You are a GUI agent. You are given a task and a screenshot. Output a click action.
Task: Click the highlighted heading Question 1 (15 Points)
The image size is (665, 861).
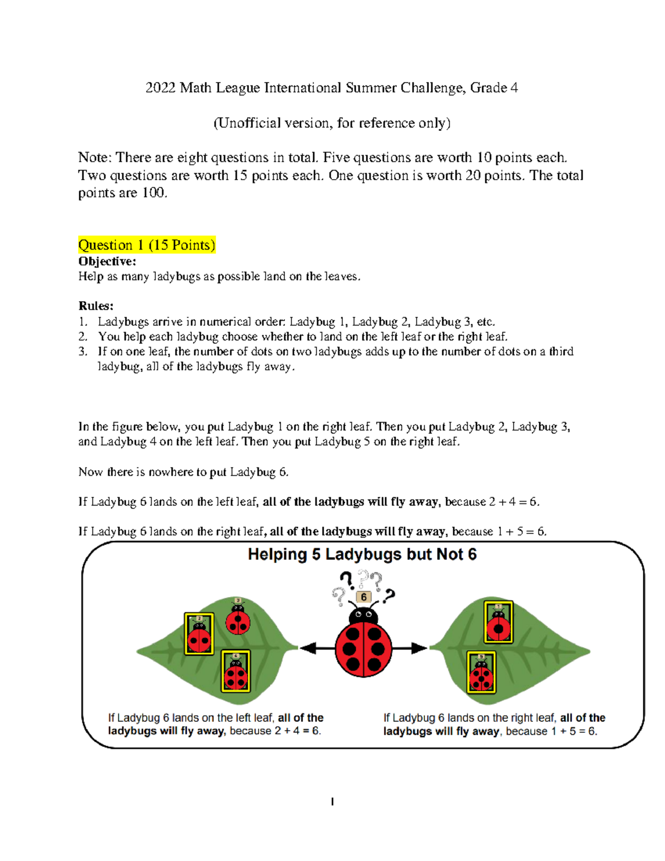[x=147, y=244]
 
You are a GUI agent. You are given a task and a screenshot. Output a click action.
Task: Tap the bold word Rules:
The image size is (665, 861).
[x=96, y=306]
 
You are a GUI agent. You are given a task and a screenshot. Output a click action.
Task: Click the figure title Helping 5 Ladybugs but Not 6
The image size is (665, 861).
[x=362, y=554]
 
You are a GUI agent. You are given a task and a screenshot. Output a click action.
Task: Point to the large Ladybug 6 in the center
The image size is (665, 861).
[x=364, y=646]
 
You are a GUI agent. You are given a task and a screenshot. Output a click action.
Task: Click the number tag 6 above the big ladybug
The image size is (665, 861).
[x=364, y=597]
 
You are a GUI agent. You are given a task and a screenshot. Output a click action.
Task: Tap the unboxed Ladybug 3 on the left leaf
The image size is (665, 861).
[x=238, y=619]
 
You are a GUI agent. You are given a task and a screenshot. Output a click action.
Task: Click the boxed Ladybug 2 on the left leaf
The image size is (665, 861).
[x=199, y=634]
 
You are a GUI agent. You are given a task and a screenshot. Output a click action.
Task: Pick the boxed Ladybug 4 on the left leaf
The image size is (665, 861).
[x=236, y=671]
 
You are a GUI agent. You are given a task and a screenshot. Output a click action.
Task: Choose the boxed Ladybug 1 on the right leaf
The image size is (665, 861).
[x=498, y=622]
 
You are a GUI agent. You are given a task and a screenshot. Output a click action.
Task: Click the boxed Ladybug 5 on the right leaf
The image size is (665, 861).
[x=481, y=673]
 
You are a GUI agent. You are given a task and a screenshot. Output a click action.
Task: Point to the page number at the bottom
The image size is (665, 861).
[x=332, y=802]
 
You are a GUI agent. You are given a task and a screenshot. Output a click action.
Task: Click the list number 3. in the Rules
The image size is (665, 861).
[x=83, y=351]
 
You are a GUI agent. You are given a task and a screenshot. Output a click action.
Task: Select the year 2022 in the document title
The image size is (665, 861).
[x=160, y=88]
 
